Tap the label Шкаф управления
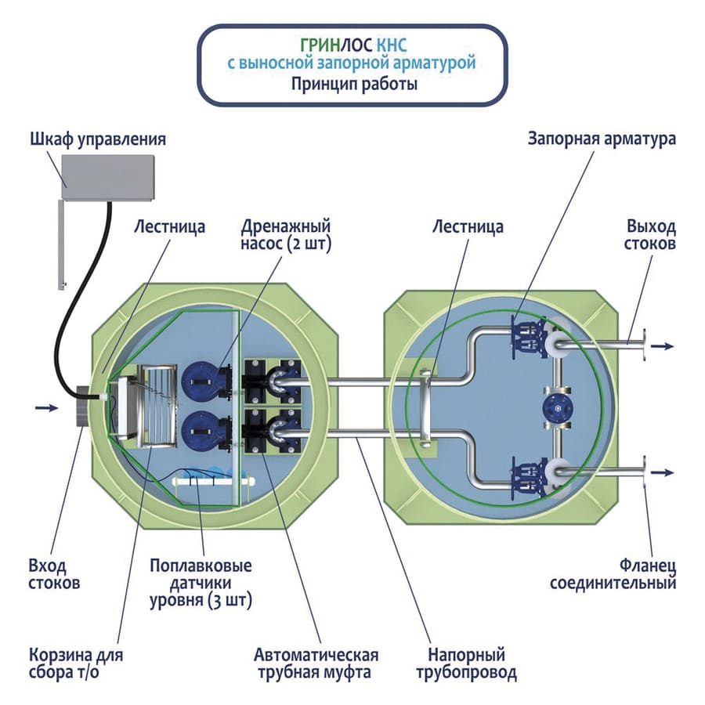[x=98, y=140]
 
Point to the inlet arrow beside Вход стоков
[x=47, y=407]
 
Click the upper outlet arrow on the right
[x=663, y=345]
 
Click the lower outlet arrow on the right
[x=663, y=472]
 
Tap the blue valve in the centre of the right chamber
[x=558, y=408]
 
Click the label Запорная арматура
[x=602, y=140]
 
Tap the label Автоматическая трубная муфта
[x=316, y=663]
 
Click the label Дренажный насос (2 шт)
[x=286, y=235]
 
